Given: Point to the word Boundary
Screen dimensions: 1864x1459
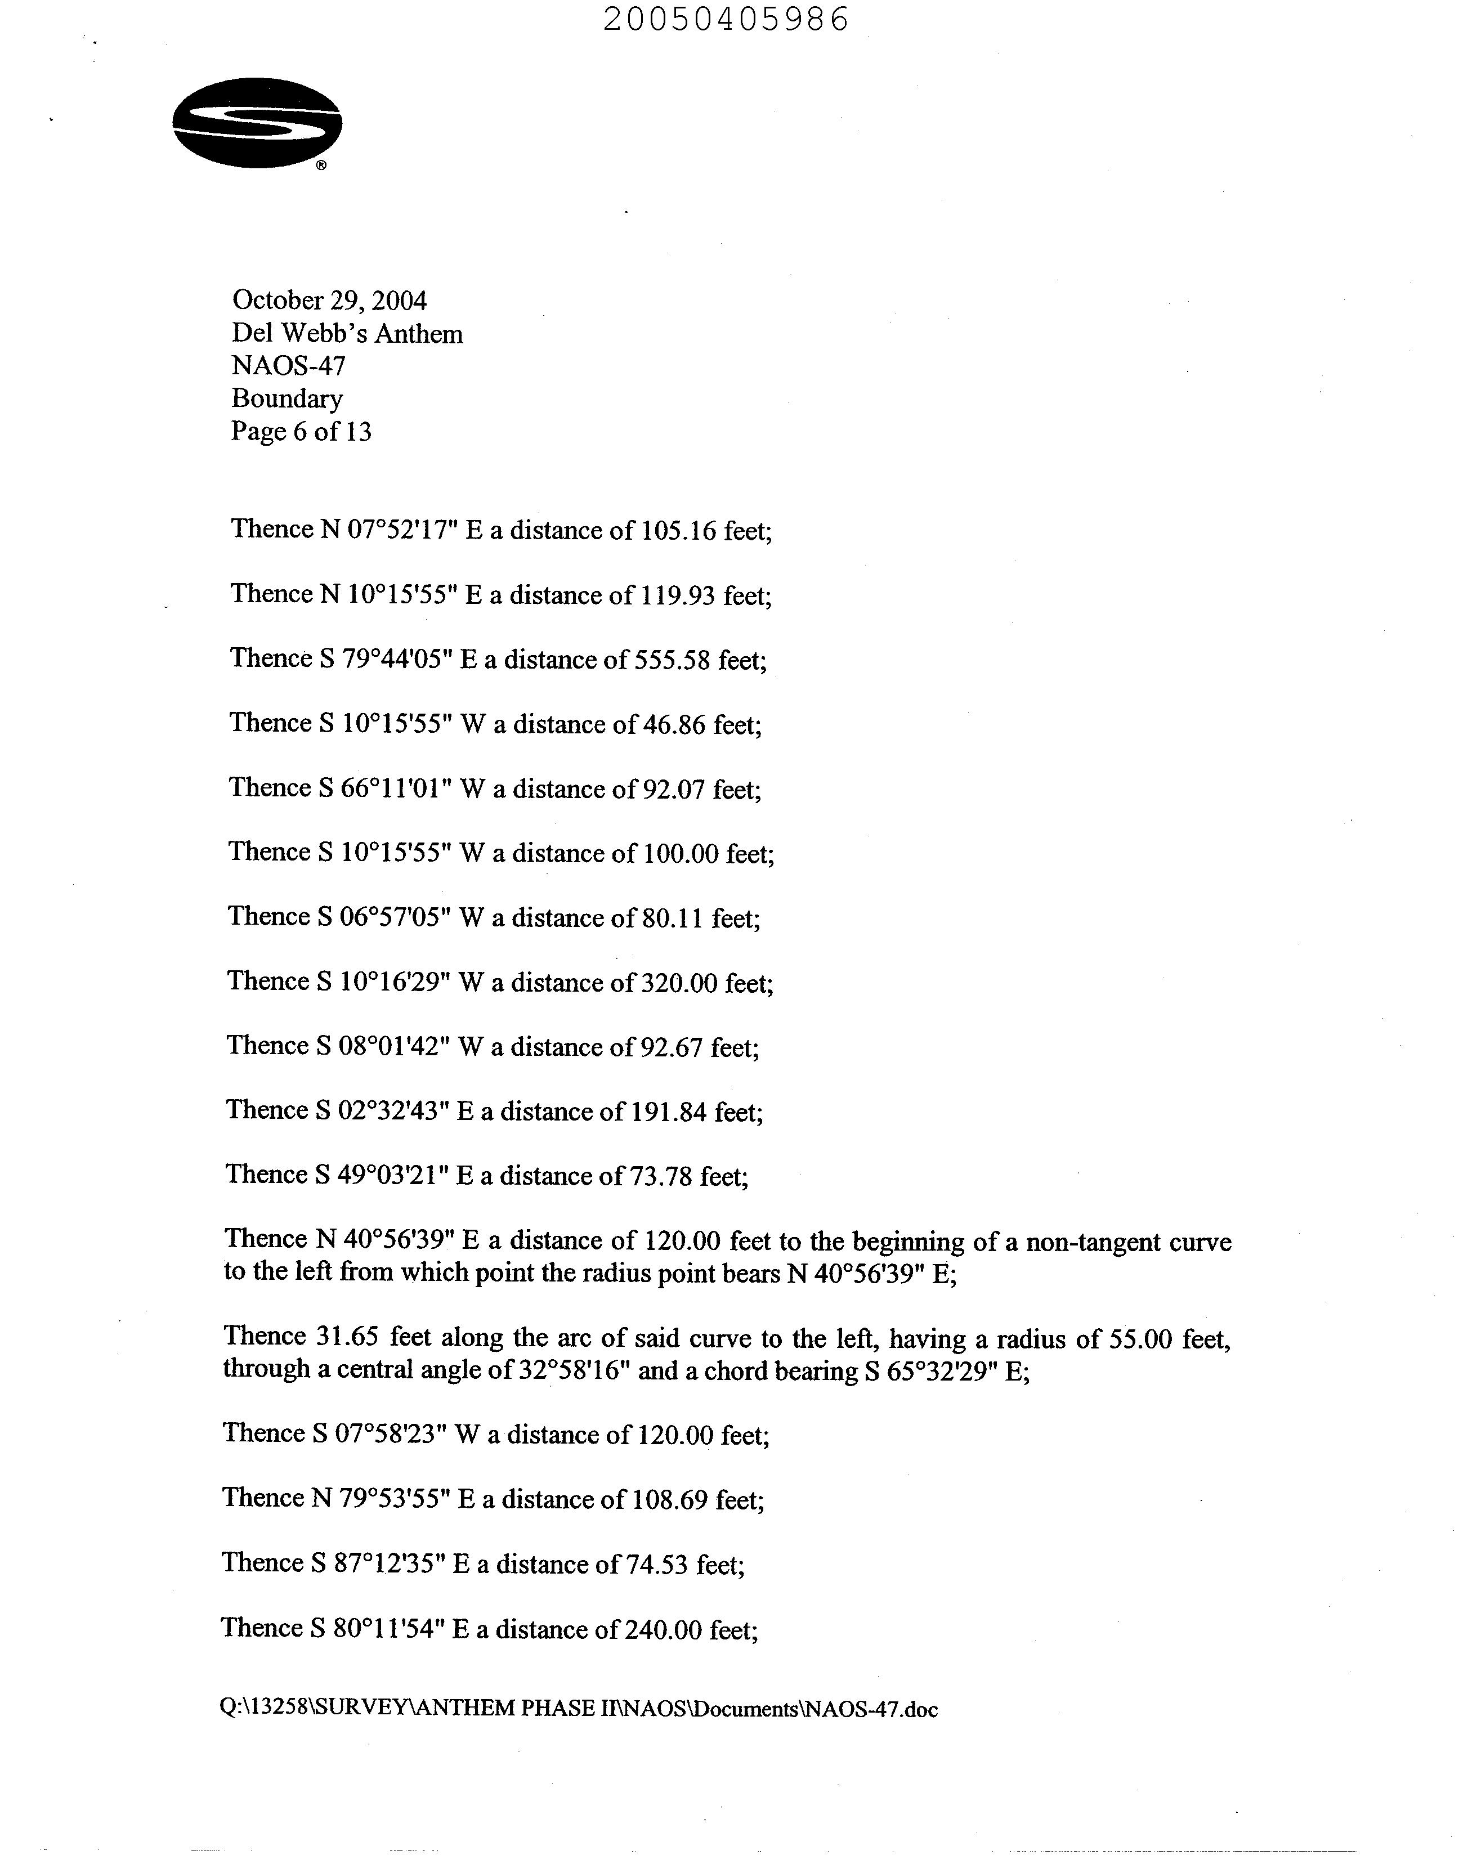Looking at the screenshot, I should click(287, 399).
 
